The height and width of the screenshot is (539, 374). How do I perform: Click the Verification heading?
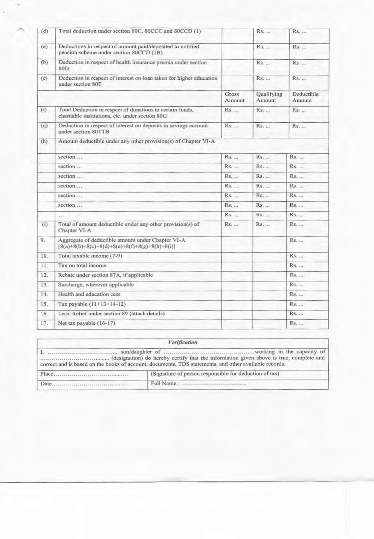tap(183, 342)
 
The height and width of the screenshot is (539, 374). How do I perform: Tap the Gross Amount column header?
tap(234, 97)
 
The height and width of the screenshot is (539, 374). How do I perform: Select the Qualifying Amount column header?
tap(269, 97)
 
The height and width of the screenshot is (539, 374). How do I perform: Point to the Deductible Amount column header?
tap(305, 97)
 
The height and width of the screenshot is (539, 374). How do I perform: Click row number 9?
tap(43, 240)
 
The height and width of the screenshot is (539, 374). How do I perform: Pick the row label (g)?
tap(45, 125)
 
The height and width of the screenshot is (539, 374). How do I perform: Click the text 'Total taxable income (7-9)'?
tap(90, 256)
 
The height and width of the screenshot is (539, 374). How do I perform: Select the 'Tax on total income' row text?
tap(82, 265)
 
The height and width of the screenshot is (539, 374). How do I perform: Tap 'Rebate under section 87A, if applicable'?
tap(105, 275)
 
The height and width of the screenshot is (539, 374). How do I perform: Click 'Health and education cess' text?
tap(89, 294)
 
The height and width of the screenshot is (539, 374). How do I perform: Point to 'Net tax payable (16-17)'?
tap(86, 323)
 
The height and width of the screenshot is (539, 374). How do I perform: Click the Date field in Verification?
tap(84, 384)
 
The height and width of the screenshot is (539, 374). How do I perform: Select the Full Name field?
tap(199, 384)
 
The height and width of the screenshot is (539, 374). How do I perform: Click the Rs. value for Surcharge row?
tap(296, 285)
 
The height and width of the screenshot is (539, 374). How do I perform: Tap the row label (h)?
tap(45, 141)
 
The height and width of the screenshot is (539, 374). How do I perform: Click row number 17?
tap(44, 323)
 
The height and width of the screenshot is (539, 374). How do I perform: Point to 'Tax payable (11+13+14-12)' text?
tap(92, 304)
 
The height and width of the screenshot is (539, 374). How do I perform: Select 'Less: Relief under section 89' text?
tap(111, 314)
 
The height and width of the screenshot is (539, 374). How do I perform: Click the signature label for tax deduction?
tap(215, 374)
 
